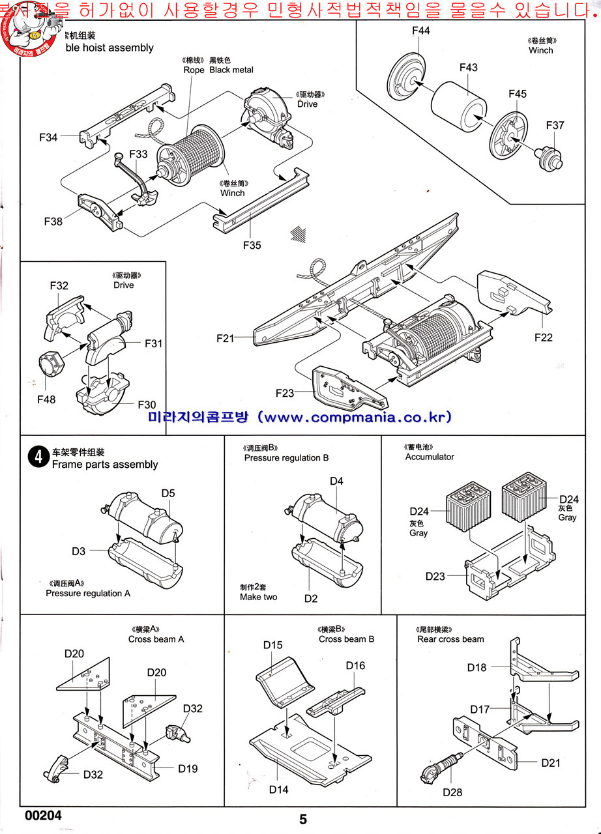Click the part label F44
[421, 31]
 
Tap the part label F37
[555, 125]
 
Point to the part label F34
[48, 137]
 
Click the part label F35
[252, 245]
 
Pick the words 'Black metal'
[231, 70]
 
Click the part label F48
[46, 399]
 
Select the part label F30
[147, 405]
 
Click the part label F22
[543, 337]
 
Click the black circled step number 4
[37, 457]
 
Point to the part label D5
[168, 493]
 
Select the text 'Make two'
[258, 597]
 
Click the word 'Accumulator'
[430, 457]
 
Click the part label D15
[272, 645]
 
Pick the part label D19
[188, 768]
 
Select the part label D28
[452, 792]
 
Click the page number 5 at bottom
[303, 819]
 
